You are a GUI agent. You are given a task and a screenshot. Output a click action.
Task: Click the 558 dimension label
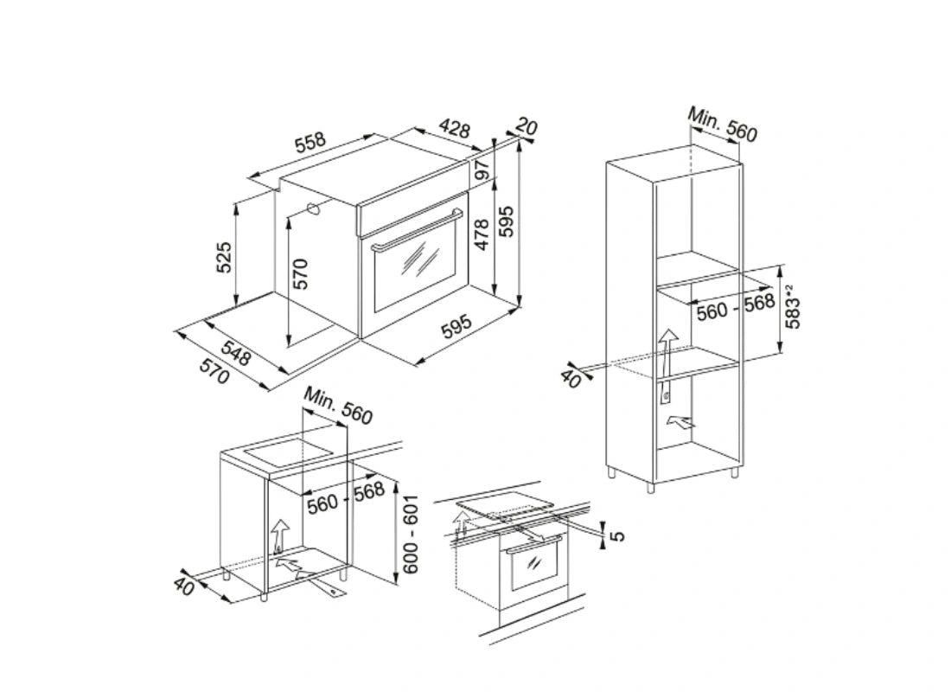coord(310,143)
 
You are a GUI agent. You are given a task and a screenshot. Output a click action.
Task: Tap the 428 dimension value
coord(454,128)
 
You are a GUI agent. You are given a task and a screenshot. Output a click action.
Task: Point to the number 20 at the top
coord(527,127)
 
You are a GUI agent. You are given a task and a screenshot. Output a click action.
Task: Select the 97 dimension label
coord(482,170)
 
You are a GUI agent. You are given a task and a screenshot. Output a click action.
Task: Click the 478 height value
coord(482,234)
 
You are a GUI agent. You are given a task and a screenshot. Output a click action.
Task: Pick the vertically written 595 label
coord(507,221)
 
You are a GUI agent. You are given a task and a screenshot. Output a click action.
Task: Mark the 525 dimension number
coord(224,257)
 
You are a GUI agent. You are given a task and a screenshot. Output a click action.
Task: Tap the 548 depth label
coord(235,353)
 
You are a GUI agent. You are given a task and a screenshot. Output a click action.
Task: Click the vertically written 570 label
coord(300,274)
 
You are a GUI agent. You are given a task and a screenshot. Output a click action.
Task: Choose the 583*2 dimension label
coord(793,306)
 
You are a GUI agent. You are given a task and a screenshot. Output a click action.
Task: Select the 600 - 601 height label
coord(411,534)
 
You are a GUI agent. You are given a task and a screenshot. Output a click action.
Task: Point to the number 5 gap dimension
coord(616,536)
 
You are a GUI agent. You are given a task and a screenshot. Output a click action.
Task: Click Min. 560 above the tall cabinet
coord(723,125)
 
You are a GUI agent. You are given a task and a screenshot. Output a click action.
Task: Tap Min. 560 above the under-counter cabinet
coord(338,405)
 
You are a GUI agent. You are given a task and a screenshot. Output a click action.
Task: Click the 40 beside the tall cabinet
coord(571,377)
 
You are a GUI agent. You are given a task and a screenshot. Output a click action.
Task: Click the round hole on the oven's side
coord(314,209)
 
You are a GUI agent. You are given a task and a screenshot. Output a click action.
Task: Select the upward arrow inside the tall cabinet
coord(667,353)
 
